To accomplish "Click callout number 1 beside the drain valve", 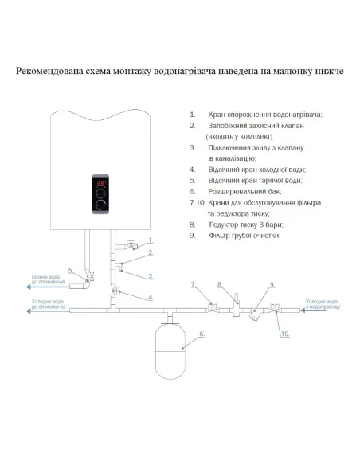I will point(149,239).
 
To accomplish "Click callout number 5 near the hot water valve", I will point(71,271).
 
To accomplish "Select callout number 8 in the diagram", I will point(218,284).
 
